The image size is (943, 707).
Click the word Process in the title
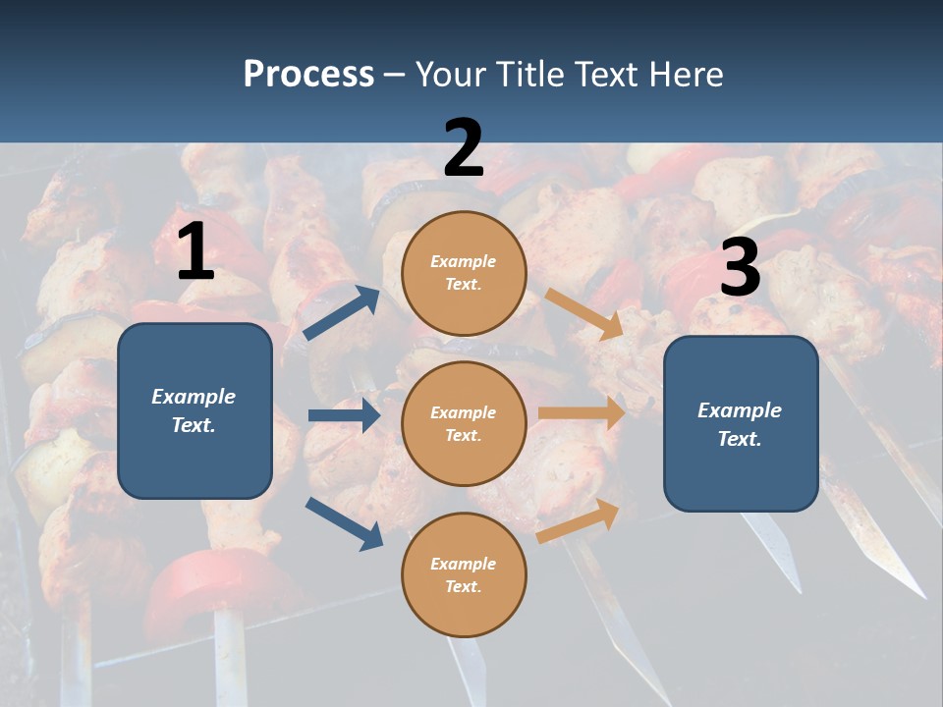point(308,74)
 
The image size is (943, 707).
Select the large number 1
point(195,252)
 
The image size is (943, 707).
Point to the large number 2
point(464,148)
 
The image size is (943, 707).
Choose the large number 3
point(740,268)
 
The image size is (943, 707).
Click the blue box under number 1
point(194,410)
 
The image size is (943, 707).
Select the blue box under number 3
point(741,424)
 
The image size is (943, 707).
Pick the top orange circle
point(464,273)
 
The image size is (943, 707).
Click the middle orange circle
point(464,423)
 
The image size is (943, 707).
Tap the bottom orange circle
point(464,574)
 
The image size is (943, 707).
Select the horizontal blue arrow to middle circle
point(344,415)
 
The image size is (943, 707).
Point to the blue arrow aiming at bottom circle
point(344,523)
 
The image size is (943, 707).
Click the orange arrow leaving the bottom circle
point(579,520)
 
